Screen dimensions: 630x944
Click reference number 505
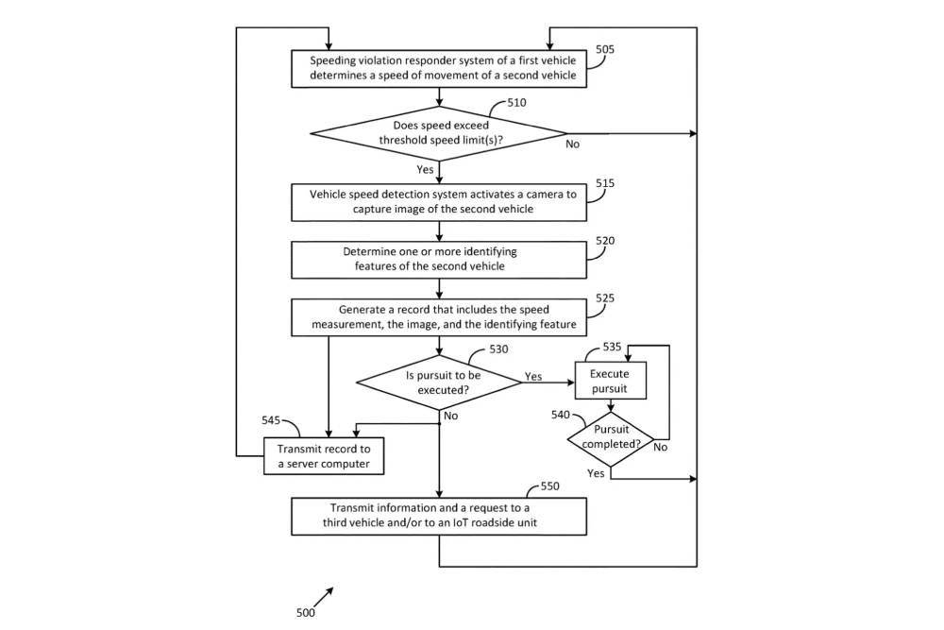pyautogui.click(x=605, y=50)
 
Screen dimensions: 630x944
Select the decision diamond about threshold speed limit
pyautogui.click(x=439, y=133)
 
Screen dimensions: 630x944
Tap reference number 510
pyautogui.click(x=515, y=103)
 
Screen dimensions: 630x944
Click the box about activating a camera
pyautogui.click(x=439, y=201)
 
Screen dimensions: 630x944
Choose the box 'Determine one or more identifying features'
pyautogui.click(x=439, y=259)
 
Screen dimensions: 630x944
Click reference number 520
pyautogui.click(x=605, y=241)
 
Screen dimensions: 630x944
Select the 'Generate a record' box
pyautogui.click(x=439, y=317)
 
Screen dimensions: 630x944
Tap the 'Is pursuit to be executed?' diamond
pyautogui.click(x=439, y=382)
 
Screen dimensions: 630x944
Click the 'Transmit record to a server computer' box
pyautogui.click(x=325, y=457)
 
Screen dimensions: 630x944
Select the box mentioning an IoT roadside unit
pyautogui.click(x=439, y=516)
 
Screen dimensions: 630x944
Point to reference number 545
pyautogui.click(x=271, y=420)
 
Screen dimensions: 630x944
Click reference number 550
pyautogui.click(x=550, y=486)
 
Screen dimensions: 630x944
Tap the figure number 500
pyautogui.click(x=306, y=612)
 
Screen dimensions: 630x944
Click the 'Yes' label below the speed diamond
pyautogui.click(x=425, y=169)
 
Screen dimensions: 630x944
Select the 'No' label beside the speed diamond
pyautogui.click(x=573, y=145)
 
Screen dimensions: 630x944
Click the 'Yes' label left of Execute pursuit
pyautogui.click(x=533, y=376)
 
